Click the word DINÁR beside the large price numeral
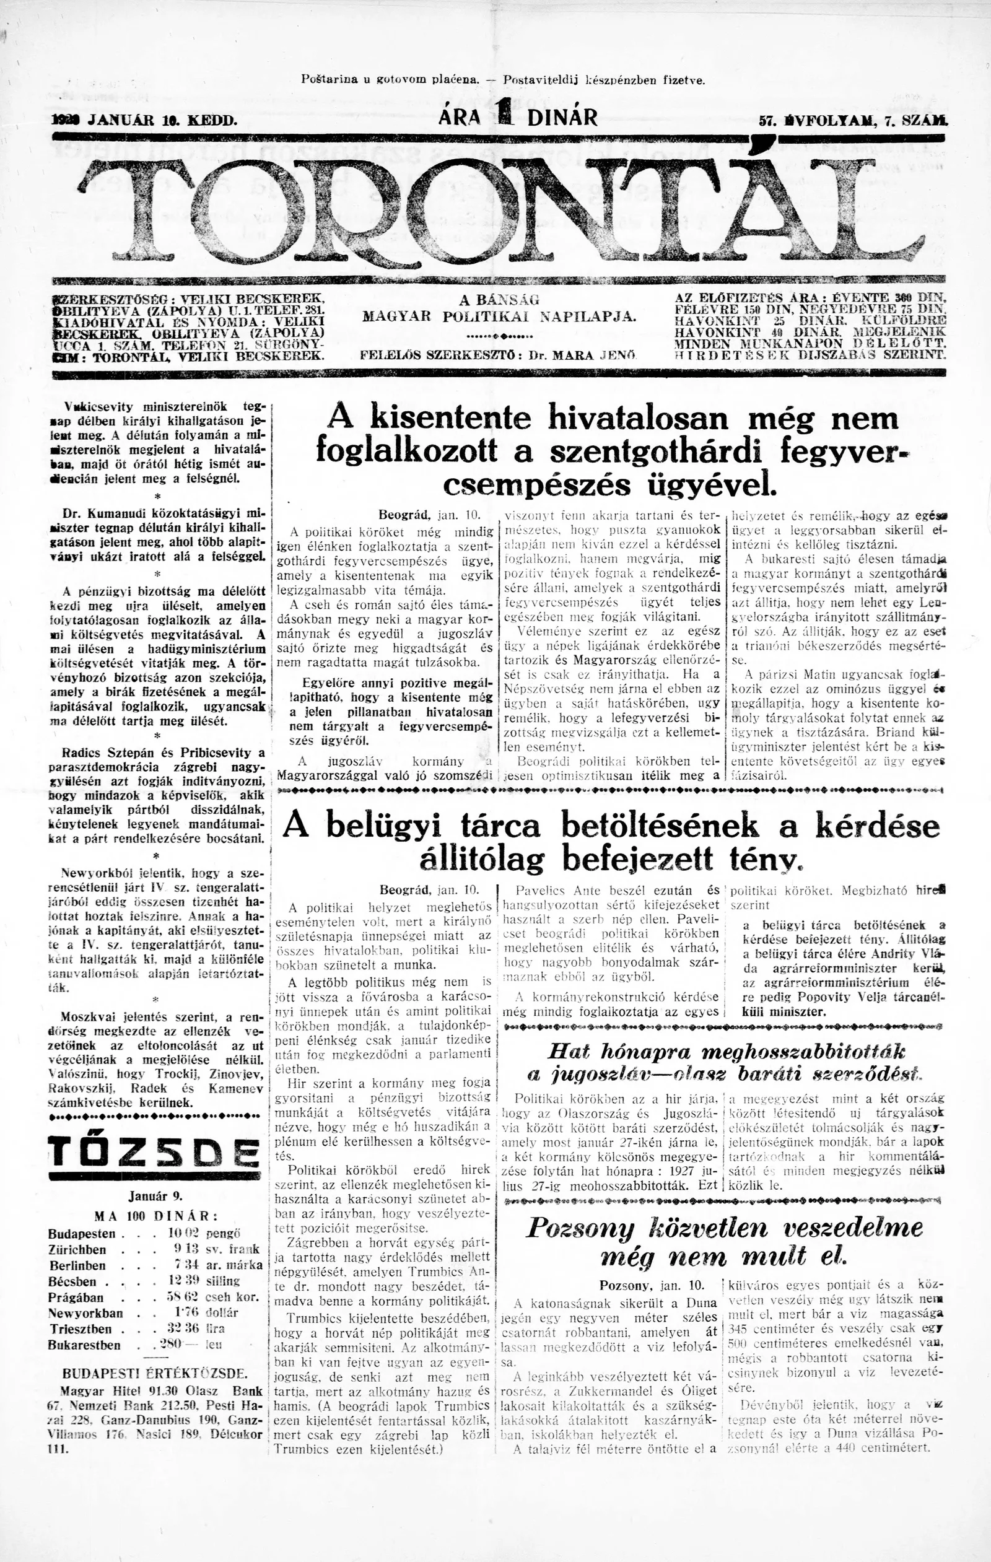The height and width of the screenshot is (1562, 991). (562, 117)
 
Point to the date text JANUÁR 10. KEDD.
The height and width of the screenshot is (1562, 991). (162, 120)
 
